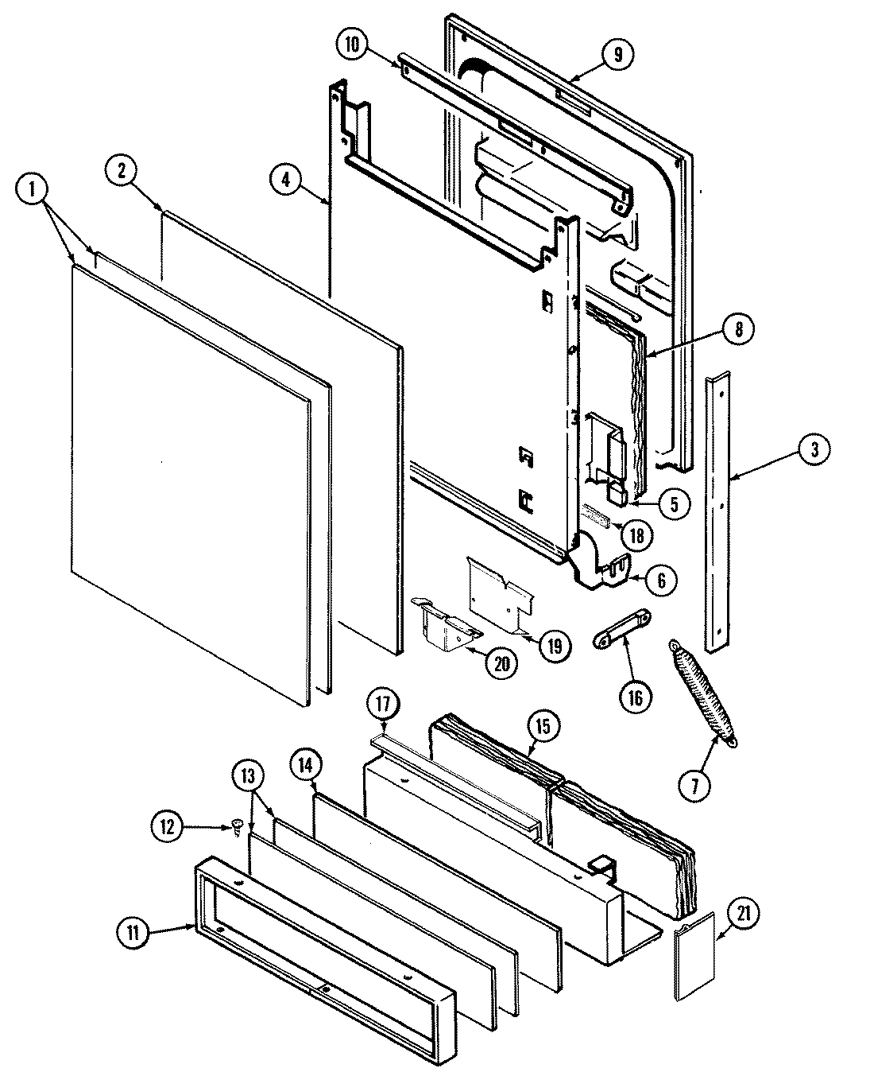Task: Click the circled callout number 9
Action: pyautogui.click(x=618, y=54)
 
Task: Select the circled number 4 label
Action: pyautogui.click(x=285, y=179)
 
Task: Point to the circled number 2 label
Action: pyautogui.click(x=122, y=173)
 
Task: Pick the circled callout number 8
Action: pyautogui.click(x=738, y=329)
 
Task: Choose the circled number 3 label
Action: pyautogui.click(x=814, y=450)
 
